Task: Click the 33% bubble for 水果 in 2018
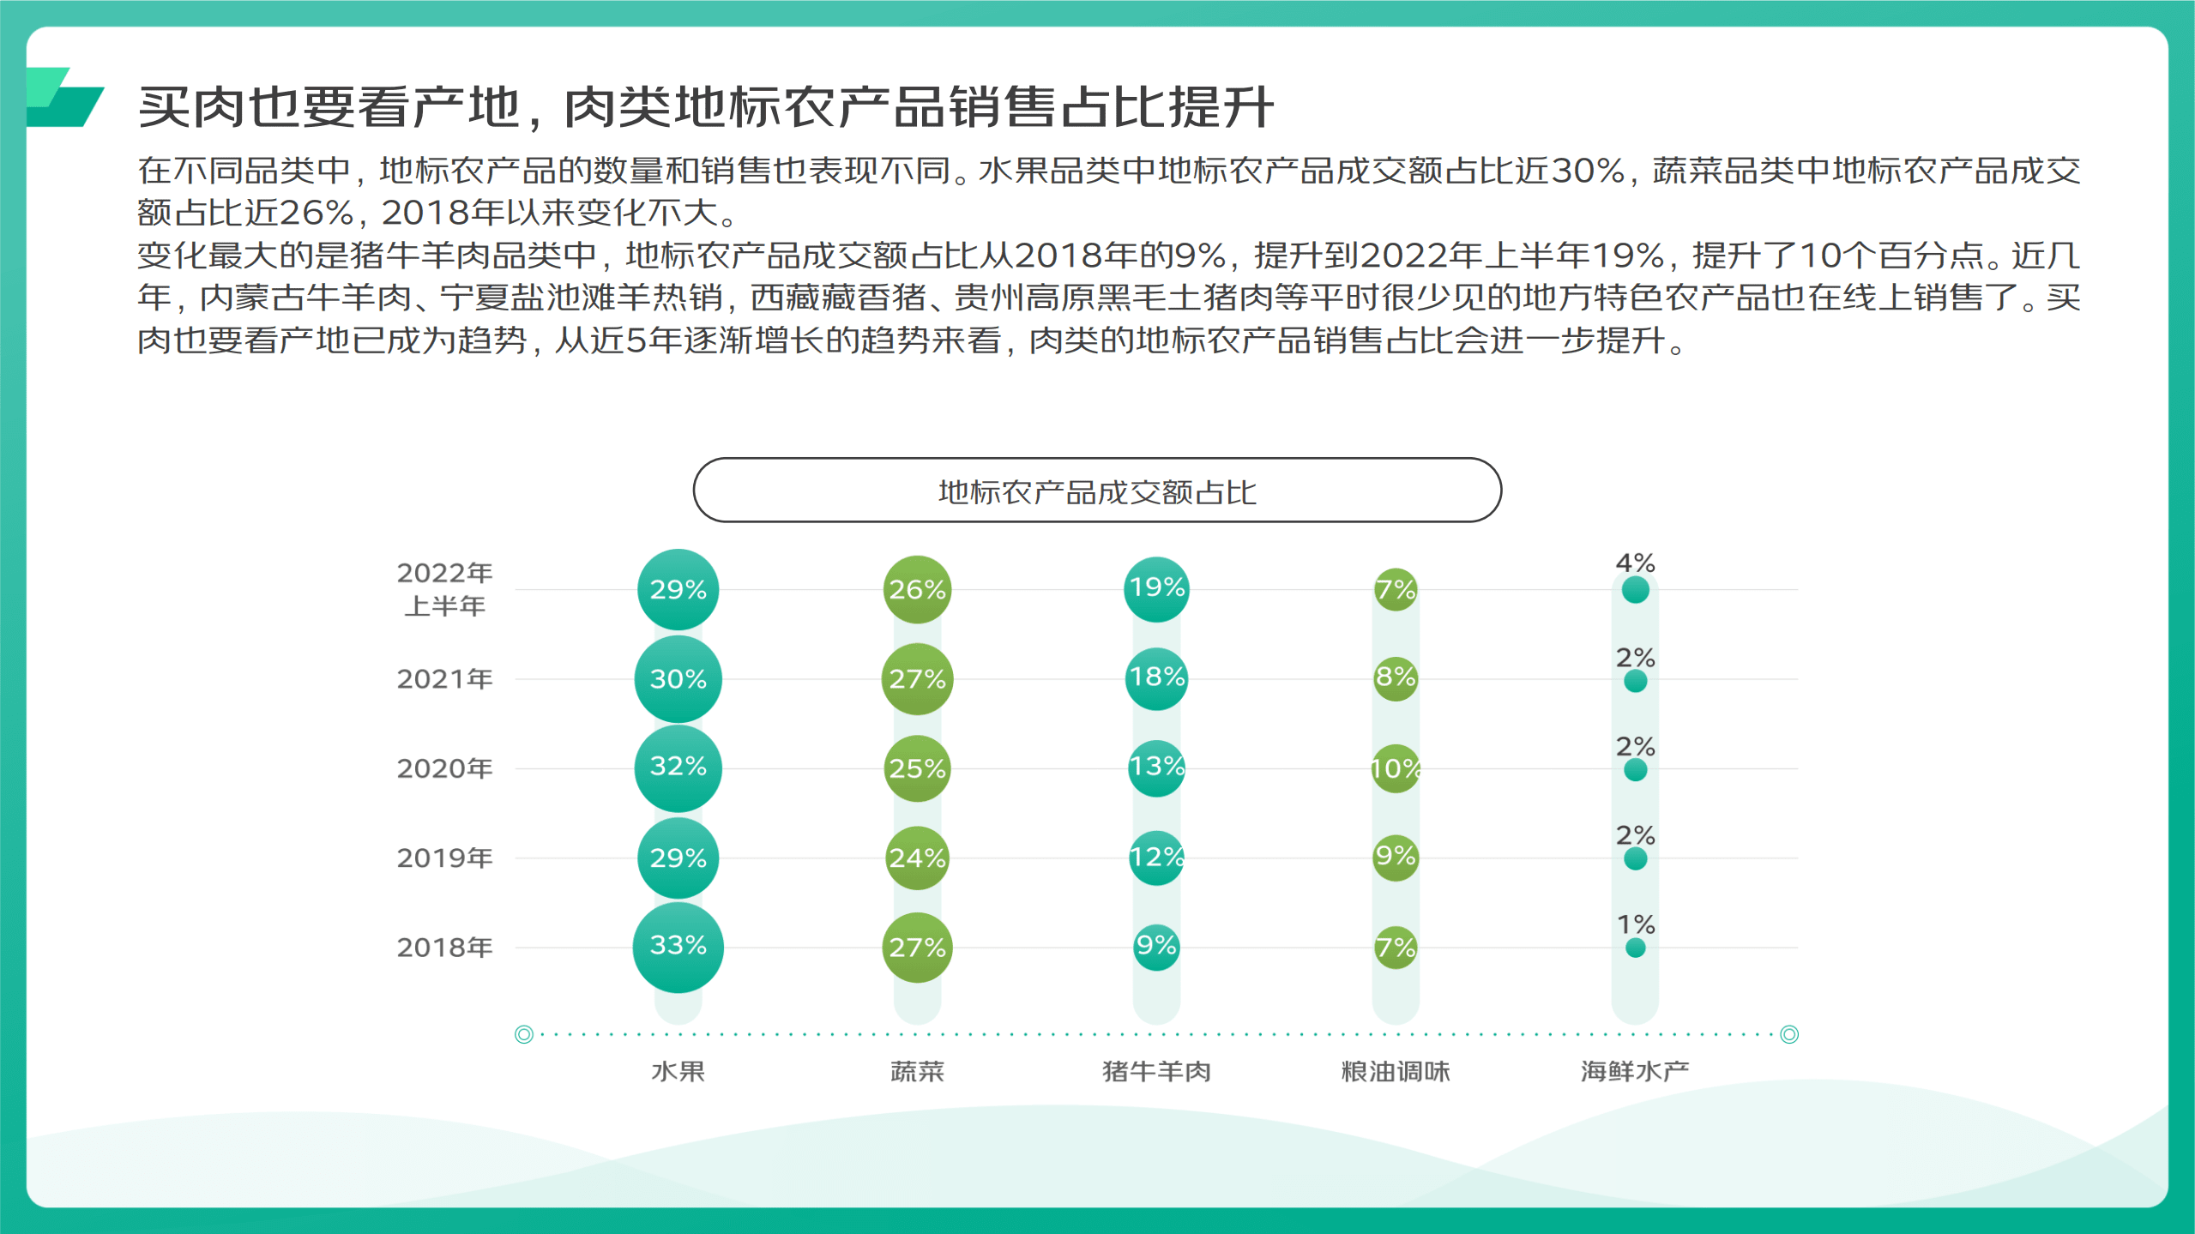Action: click(x=678, y=947)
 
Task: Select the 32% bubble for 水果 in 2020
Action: click(x=678, y=767)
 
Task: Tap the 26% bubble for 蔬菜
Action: click(x=917, y=590)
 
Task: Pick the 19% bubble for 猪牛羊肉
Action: click(x=1156, y=589)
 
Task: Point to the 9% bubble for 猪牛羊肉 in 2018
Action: click(x=1156, y=947)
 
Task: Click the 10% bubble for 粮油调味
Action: click(x=1396, y=768)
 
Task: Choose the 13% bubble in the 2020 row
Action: click(x=1156, y=767)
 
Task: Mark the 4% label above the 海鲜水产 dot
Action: click(x=1635, y=563)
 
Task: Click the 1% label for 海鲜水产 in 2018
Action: click(x=1635, y=924)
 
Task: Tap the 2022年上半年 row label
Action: click(x=444, y=589)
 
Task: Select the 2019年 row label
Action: click(x=444, y=858)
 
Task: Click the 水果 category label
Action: click(x=678, y=1071)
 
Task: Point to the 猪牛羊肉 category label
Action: click(x=1156, y=1071)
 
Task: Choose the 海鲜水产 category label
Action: click(x=1635, y=1071)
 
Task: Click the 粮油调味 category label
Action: click(x=1396, y=1071)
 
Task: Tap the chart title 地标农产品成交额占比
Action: click(x=1097, y=491)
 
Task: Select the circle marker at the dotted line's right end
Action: click(x=1789, y=1034)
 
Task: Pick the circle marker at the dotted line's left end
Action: click(x=523, y=1034)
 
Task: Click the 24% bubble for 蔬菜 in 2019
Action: click(x=917, y=858)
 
